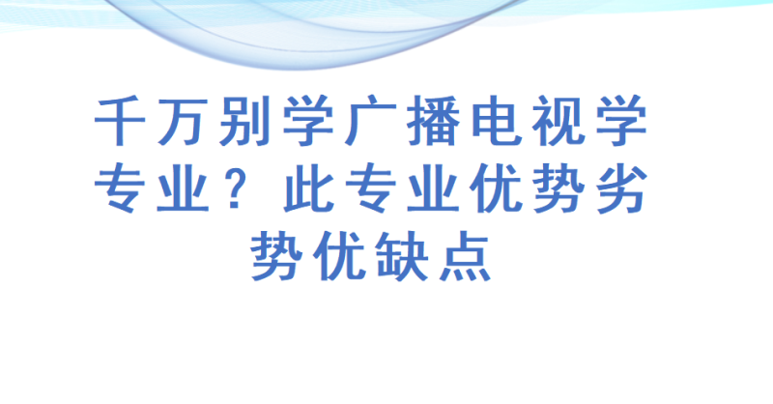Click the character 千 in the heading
(119, 121)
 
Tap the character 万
(182, 122)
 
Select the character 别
(244, 121)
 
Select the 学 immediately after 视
(621, 121)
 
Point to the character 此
(307, 188)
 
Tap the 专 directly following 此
(370, 188)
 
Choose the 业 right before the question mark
(182, 188)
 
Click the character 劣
(621, 188)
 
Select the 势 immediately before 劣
(558, 188)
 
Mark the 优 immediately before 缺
(339, 256)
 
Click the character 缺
(402, 256)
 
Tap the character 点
(465, 256)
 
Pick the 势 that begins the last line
(276, 256)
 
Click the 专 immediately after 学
(119, 188)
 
